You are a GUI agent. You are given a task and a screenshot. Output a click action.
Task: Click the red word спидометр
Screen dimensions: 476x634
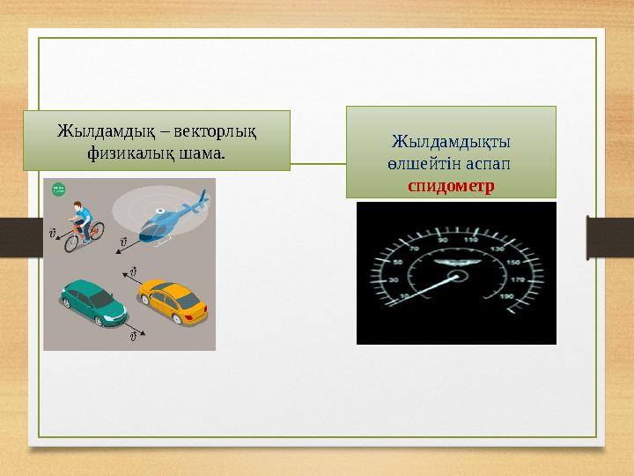[x=451, y=186]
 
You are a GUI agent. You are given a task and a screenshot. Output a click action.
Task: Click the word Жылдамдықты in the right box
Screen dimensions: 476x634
[x=452, y=142]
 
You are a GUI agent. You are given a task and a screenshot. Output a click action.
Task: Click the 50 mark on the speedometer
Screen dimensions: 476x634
[x=398, y=263]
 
